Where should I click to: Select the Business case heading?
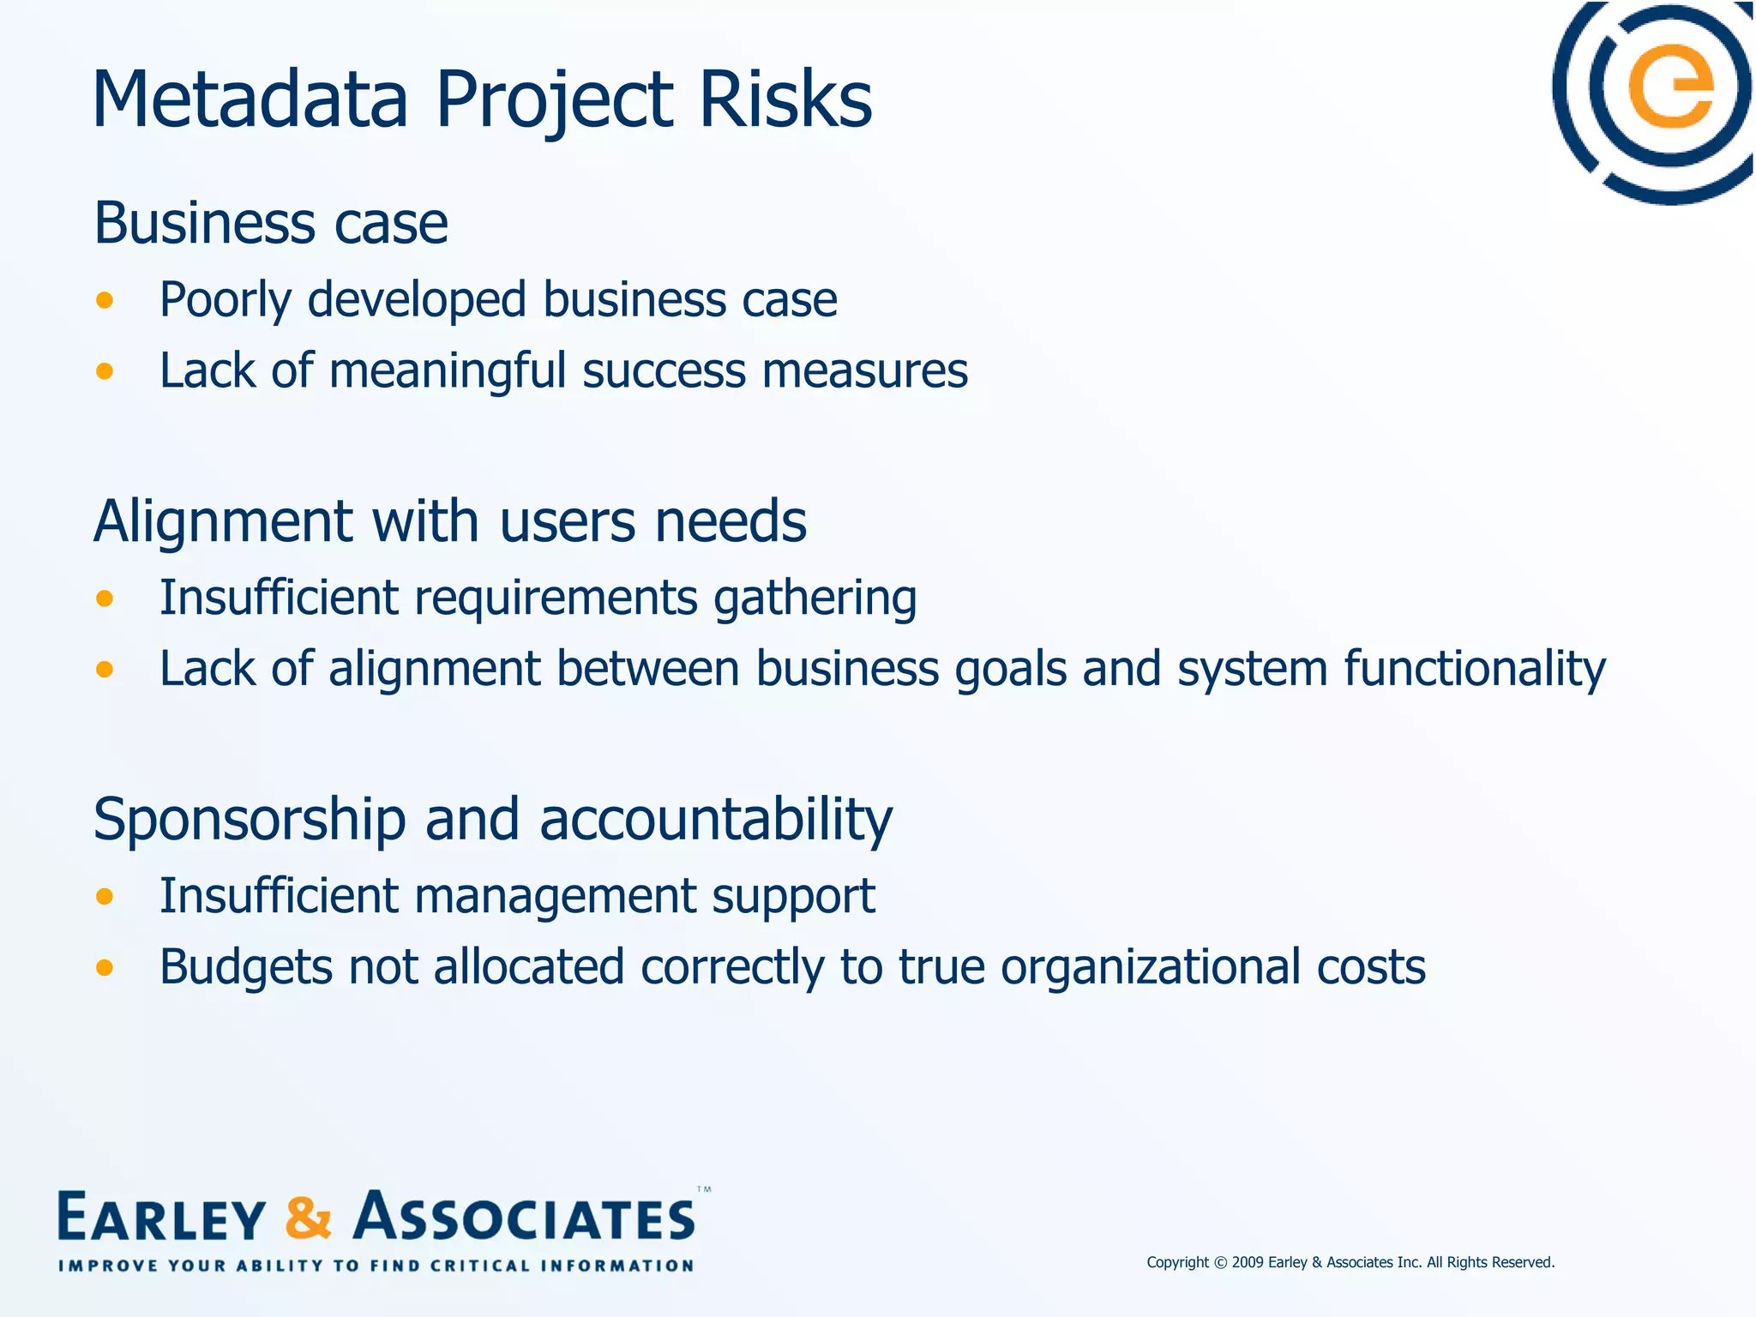271,224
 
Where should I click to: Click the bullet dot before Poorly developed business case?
105,300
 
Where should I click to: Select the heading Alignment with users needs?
450,521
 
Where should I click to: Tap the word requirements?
556,598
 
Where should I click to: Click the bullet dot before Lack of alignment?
105,669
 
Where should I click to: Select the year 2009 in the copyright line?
1248,1262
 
